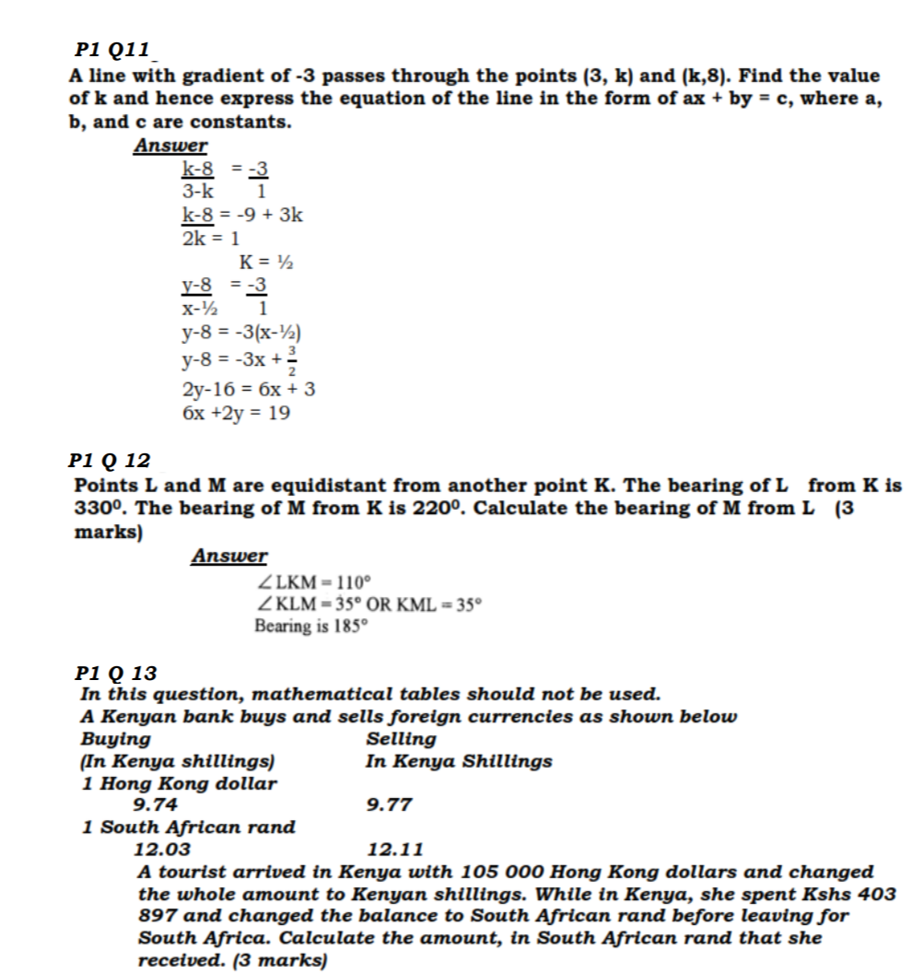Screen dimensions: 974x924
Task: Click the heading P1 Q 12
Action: (x=110, y=460)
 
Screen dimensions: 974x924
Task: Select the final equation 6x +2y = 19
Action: (x=237, y=414)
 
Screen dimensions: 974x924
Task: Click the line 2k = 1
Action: (x=211, y=238)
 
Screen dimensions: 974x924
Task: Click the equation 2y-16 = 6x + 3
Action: (x=249, y=390)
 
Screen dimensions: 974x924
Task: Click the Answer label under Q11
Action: (x=170, y=146)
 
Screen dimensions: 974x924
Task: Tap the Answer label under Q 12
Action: (x=229, y=556)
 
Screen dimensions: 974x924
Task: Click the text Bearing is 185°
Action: (x=310, y=627)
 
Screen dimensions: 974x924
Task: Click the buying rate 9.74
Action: (x=156, y=804)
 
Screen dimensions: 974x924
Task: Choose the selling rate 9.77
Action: (x=389, y=804)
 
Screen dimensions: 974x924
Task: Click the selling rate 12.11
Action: (x=395, y=849)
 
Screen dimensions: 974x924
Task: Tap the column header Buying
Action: (x=116, y=739)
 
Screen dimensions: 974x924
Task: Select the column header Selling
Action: (x=402, y=739)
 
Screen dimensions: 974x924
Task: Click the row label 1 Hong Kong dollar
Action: (x=179, y=783)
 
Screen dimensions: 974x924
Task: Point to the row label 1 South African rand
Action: (x=189, y=827)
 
